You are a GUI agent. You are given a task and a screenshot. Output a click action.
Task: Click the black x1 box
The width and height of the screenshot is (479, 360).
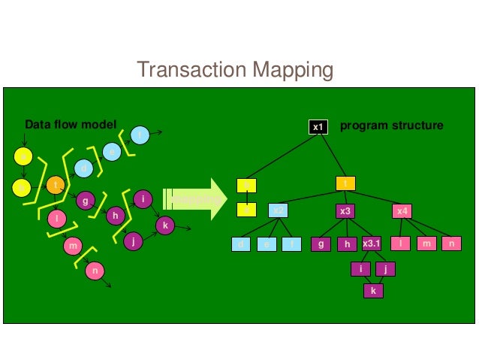(x=318, y=127)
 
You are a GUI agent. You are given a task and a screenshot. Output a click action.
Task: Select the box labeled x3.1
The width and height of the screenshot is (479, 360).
(x=372, y=244)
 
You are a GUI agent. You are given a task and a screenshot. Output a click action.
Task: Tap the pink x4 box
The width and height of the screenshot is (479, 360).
(x=402, y=211)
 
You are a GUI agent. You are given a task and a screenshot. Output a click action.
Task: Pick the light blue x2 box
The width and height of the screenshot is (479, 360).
(x=279, y=211)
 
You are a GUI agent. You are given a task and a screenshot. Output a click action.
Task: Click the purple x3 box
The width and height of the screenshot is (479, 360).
(x=345, y=211)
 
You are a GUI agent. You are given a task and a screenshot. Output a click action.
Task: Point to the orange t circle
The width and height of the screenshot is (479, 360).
(x=56, y=184)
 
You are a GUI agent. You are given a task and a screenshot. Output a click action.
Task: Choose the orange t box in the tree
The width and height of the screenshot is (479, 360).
(x=345, y=183)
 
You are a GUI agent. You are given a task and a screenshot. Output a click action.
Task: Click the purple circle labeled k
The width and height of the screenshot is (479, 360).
(x=165, y=224)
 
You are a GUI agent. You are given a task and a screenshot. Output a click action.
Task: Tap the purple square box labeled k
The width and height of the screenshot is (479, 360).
(x=373, y=290)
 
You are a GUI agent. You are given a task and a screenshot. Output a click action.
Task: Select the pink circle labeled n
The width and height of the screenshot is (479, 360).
(x=95, y=271)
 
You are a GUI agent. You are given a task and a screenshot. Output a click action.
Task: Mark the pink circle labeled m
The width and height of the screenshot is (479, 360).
(x=72, y=246)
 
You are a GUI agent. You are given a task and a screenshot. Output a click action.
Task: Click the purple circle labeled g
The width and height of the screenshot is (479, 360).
(x=85, y=201)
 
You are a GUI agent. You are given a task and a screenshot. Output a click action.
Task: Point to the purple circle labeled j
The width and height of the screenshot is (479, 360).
(x=133, y=241)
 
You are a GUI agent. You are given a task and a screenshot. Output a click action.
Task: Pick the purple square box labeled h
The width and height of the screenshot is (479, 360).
(x=347, y=244)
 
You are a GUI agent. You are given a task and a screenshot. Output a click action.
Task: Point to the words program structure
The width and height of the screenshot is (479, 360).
(x=391, y=125)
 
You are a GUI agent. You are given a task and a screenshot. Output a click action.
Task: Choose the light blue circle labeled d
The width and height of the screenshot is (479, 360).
(x=84, y=169)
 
